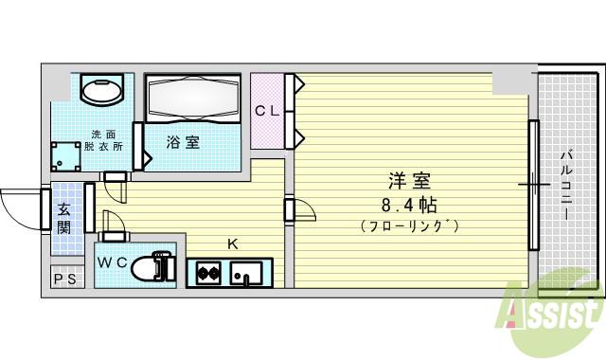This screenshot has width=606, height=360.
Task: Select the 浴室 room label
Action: click(183, 143)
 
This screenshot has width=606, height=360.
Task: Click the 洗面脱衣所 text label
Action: click(102, 140)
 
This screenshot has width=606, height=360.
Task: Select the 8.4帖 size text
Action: click(408, 204)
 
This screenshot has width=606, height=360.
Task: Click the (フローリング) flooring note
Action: click(409, 226)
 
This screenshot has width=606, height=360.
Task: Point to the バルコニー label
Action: click(565, 185)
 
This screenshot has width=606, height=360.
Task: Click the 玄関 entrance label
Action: click(63, 219)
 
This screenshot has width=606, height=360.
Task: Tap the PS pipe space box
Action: click(63, 279)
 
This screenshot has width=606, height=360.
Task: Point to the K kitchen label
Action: click(231, 243)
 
